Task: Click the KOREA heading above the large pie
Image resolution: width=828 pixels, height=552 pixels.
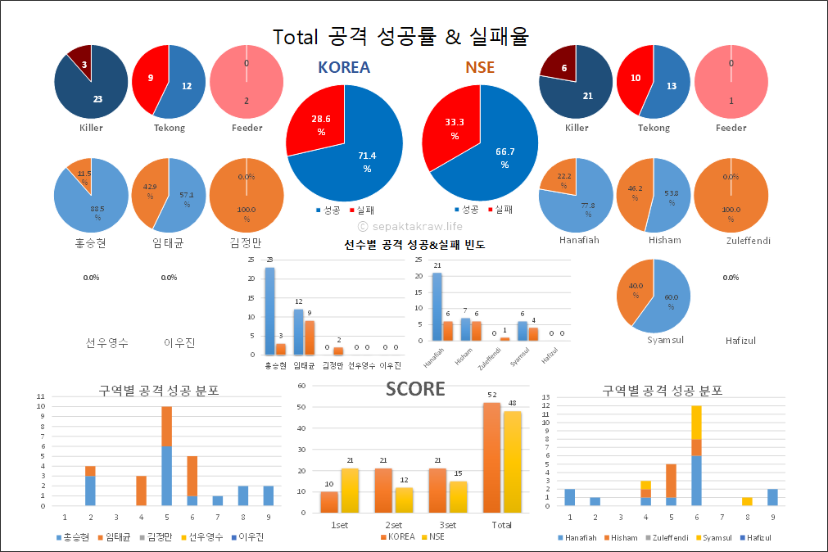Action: click(344, 68)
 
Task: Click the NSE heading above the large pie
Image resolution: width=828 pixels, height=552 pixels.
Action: click(480, 68)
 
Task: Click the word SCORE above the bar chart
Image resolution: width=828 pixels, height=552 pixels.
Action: click(415, 389)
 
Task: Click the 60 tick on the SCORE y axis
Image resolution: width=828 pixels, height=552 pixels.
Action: click(302, 385)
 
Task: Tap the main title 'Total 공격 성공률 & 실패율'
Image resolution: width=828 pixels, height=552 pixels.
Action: click(400, 36)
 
